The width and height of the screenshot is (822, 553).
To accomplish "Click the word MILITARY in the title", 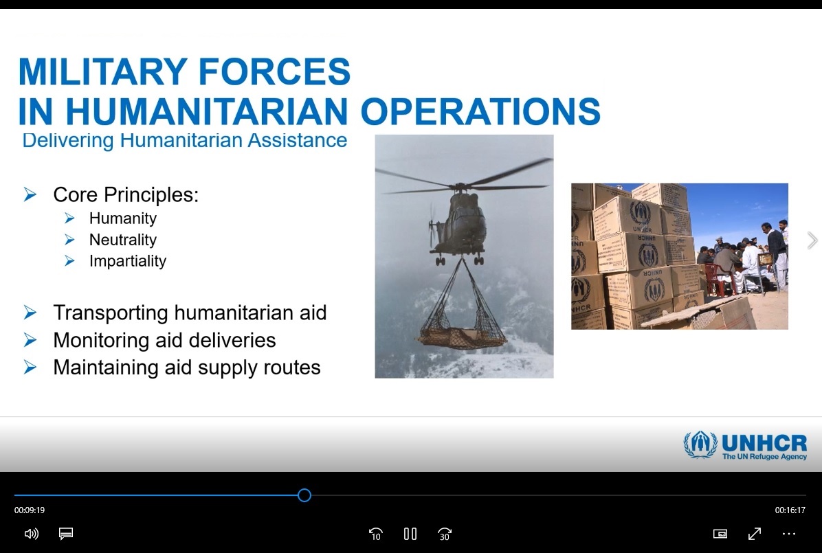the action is point(103,71).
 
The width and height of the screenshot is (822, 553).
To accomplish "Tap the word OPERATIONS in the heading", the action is point(480,111).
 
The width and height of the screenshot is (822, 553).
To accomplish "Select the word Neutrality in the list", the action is point(122,240).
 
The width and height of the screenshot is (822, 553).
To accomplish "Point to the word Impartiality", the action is point(127,261).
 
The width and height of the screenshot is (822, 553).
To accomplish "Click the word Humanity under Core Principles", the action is point(122,218).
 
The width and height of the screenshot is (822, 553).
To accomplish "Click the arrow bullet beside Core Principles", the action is point(30,194).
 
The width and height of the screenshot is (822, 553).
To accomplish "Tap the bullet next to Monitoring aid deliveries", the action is point(30,340).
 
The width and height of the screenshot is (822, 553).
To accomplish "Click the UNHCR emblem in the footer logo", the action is point(700,444).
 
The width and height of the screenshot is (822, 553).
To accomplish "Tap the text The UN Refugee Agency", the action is point(764,457).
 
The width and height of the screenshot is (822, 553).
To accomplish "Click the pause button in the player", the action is point(410,534).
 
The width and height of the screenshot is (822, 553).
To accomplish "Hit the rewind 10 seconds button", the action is point(375,534).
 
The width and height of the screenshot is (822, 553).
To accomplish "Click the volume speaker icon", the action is point(32,534).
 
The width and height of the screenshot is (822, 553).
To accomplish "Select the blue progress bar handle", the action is point(304,495).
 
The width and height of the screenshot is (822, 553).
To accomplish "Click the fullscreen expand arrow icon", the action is point(755,534).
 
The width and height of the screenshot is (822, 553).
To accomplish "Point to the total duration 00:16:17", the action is point(790,510).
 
